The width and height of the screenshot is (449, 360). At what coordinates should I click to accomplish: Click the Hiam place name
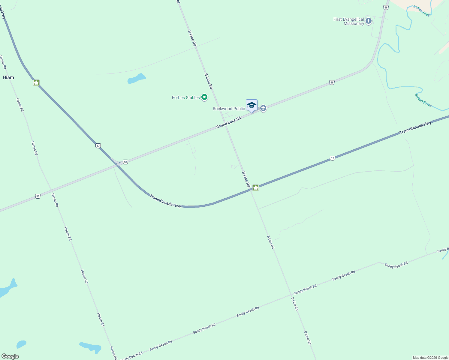coord(8,77)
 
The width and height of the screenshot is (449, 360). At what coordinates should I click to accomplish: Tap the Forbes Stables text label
coord(186,97)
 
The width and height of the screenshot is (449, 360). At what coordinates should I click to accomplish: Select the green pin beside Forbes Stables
coord(204,97)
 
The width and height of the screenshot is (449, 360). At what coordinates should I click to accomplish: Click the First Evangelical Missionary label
coord(349,21)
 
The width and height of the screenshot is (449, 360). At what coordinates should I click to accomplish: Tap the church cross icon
coord(369,21)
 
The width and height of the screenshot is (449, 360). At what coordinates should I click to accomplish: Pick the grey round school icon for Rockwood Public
coord(263,108)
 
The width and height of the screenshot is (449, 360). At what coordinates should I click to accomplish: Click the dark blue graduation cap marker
coord(252,105)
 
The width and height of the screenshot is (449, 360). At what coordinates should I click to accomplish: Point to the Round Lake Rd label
coord(229,123)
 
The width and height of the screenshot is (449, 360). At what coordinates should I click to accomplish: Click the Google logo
coord(10,356)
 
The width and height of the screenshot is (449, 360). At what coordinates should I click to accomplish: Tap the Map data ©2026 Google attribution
coord(430,358)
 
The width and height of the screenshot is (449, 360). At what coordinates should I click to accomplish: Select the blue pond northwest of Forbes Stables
coord(137,79)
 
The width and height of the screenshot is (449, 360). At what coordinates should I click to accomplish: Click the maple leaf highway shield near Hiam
coord(36,82)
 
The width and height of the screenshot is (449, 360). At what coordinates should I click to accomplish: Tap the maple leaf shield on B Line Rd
coord(256,188)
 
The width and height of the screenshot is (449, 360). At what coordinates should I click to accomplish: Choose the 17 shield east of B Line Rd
coord(332,158)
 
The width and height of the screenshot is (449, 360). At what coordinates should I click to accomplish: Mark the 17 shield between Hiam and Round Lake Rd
coord(98,146)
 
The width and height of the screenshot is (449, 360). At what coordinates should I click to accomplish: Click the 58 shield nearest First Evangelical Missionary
coord(386,7)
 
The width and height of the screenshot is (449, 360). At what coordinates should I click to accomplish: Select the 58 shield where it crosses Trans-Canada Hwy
coord(125,162)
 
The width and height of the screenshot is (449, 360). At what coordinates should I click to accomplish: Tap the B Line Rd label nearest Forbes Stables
coord(209,81)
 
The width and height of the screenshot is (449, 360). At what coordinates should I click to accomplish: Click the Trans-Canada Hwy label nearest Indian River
coord(415,127)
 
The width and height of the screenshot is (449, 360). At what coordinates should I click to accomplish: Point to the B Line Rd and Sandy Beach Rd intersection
coord(291,295)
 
